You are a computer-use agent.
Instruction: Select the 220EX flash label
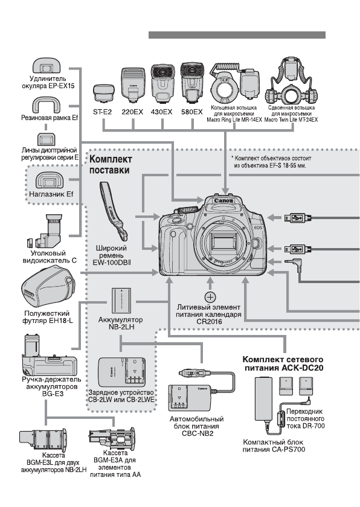tap(132, 112)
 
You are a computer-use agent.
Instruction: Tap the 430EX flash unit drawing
tap(162, 83)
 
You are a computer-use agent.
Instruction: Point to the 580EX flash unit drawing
tap(193, 83)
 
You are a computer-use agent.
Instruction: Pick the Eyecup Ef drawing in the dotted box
tap(50, 180)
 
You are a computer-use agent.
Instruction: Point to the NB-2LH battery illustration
tap(121, 301)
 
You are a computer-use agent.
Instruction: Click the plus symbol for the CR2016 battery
tap(210, 297)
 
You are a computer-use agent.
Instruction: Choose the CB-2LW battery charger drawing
tap(121, 372)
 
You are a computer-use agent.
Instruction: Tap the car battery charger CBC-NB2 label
tap(197, 426)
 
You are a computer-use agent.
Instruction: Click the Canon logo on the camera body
tap(224, 201)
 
